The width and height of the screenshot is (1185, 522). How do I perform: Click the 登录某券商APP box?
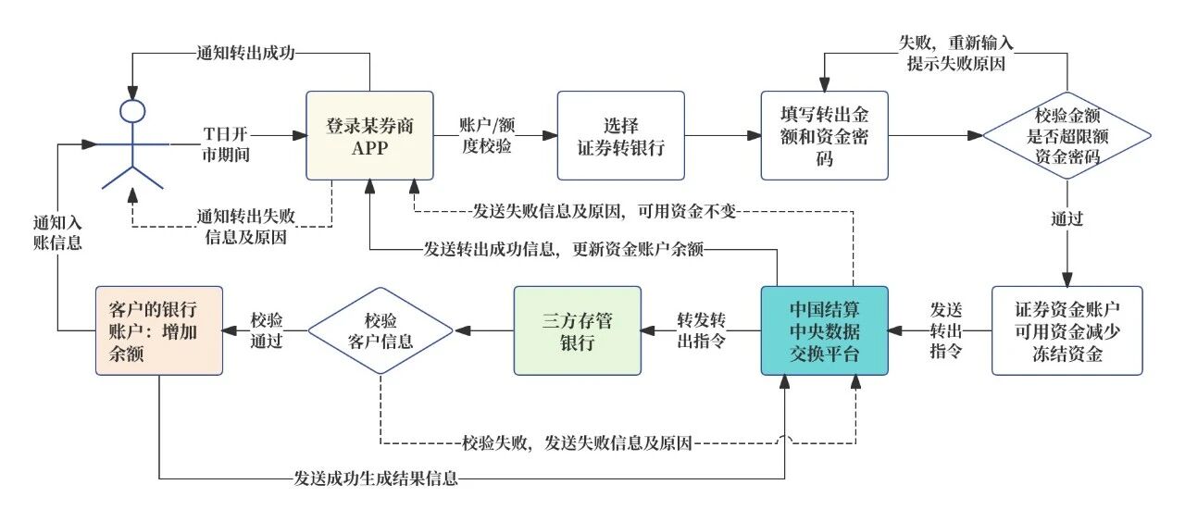tap(369, 135)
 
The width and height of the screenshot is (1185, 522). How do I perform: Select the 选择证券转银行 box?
tap(620, 135)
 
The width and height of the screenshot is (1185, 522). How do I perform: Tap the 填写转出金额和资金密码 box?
tap(824, 135)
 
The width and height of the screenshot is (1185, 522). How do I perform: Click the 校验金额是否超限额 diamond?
tap(1066, 135)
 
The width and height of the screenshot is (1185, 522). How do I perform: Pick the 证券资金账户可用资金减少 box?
tap(1066, 330)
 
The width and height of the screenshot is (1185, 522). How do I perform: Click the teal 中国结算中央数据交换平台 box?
tap(824, 330)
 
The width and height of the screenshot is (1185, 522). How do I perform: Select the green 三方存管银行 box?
tap(577, 330)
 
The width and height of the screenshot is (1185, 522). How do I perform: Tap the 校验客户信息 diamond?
tap(380, 330)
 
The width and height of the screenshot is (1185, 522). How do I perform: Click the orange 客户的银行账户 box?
tap(159, 330)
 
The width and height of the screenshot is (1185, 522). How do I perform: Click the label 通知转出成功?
tap(245, 53)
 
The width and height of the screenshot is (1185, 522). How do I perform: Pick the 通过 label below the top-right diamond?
tap(1066, 219)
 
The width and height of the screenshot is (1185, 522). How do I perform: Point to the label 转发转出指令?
tap(701, 330)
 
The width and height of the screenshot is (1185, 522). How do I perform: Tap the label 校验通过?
tap(267, 330)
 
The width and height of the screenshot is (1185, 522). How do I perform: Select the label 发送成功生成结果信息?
tap(376, 478)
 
